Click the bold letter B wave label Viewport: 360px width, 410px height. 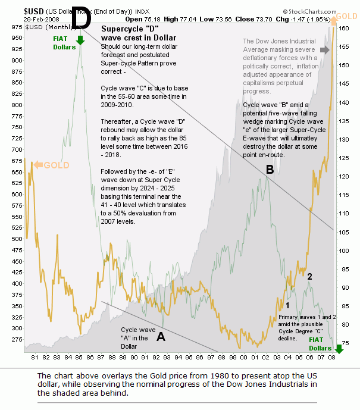(x=270, y=170)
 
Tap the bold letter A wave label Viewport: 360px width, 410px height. (x=160, y=337)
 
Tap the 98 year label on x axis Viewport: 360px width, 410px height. (x=221, y=358)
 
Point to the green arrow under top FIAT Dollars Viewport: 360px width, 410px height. (x=80, y=41)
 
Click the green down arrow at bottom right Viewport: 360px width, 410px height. (x=339, y=348)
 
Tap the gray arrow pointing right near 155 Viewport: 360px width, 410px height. (x=324, y=50)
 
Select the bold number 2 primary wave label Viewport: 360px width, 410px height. (x=309, y=276)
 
